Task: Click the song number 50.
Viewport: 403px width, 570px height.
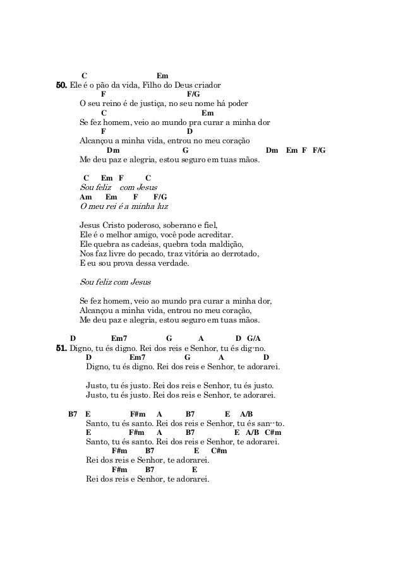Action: click(62, 85)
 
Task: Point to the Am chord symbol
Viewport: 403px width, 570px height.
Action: click(85, 197)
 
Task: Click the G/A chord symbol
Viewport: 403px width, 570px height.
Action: click(255, 338)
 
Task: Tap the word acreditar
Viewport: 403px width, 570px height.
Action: click(214, 235)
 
